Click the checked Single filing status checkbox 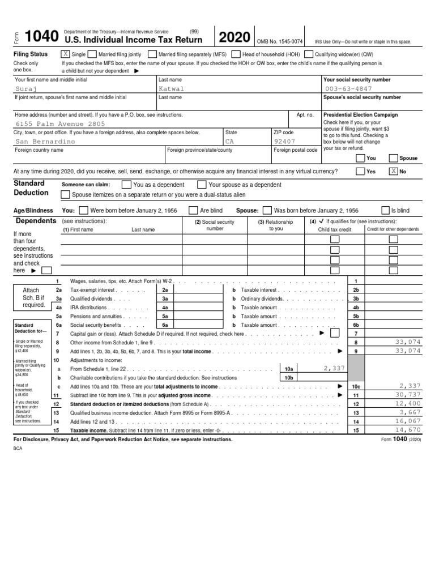[x=65, y=54]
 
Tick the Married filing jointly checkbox [x=93, y=54]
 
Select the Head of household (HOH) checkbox [x=236, y=54]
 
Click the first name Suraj [x=28, y=89]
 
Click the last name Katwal [x=172, y=89]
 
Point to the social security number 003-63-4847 [x=349, y=89]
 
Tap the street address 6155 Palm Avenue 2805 [x=60, y=123]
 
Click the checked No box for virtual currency [x=393, y=171]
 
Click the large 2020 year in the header [x=234, y=38]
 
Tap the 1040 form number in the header [x=41, y=37]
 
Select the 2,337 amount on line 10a [x=334, y=368]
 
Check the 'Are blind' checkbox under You [x=193, y=210]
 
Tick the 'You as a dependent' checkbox [x=126, y=185]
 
